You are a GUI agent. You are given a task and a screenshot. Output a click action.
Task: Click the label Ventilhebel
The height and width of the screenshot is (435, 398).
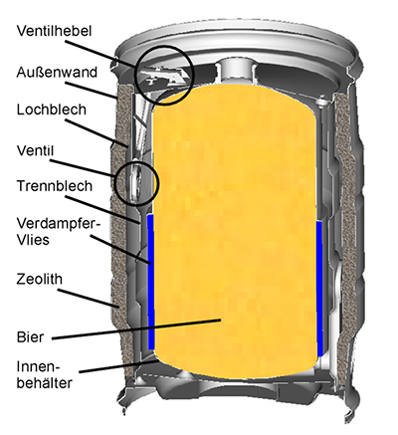click(54, 31)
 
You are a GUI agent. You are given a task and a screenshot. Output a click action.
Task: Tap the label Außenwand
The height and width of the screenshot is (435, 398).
click(57, 72)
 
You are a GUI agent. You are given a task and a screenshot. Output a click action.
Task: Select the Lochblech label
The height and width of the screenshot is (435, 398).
click(52, 109)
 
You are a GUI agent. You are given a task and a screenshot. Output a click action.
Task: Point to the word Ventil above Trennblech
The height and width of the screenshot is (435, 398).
click(35, 150)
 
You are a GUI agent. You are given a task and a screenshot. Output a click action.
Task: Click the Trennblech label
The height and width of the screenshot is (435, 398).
click(55, 186)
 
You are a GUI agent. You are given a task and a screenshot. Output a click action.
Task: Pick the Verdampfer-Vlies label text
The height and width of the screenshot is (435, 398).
click(59, 231)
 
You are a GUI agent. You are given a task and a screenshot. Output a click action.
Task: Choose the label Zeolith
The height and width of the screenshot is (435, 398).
click(40, 279)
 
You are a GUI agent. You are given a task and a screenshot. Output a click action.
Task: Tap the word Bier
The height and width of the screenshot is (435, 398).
click(30, 337)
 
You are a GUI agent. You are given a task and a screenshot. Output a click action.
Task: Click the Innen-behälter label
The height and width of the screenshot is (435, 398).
click(45, 375)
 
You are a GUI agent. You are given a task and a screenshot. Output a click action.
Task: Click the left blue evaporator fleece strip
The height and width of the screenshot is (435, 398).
click(151, 282)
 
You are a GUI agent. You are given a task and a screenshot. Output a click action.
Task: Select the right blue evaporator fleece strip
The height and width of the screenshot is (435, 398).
click(319, 289)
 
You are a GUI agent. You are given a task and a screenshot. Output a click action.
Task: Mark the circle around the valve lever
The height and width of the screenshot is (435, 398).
click(164, 46)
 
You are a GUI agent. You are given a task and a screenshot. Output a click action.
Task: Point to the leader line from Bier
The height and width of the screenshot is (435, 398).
click(136, 329)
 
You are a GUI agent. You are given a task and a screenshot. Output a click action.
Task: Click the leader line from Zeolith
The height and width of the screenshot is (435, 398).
click(89, 298)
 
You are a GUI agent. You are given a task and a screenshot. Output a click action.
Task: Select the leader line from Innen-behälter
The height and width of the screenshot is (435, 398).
click(116, 367)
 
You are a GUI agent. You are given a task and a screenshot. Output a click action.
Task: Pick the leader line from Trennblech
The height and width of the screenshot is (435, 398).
click(102, 210)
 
